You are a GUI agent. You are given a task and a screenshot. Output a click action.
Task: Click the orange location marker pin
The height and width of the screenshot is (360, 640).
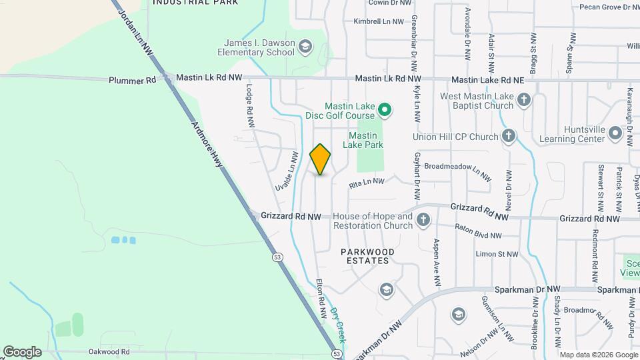[321, 159]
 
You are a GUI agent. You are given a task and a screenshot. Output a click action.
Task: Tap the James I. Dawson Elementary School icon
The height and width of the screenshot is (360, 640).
[305, 47]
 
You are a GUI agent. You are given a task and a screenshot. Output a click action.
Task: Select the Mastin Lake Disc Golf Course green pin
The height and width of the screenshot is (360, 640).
[384, 109]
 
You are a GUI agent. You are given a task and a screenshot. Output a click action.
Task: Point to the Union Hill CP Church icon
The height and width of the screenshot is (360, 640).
[509, 137]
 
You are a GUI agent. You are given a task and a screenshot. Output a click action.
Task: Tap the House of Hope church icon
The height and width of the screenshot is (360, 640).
[423, 220]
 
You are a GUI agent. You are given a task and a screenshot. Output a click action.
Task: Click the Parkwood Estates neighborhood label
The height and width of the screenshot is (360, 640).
[367, 256]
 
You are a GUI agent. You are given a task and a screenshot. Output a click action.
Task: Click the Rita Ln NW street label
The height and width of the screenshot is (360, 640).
[367, 182]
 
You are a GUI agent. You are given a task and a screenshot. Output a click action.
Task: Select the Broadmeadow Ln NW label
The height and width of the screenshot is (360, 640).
[457, 172]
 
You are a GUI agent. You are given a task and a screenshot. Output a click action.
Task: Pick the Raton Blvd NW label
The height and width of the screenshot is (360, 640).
[478, 231]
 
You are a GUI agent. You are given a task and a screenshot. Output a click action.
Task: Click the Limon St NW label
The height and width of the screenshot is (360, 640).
[497, 254]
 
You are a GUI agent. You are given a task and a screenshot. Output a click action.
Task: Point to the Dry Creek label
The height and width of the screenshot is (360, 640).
[339, 319]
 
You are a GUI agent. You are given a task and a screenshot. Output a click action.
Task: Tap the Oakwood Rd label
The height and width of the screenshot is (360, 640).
[109, 351]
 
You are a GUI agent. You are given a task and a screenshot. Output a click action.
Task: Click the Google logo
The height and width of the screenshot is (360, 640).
[22, 351]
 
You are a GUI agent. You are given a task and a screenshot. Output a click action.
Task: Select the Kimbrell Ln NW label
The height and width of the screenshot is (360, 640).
[379, 21]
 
